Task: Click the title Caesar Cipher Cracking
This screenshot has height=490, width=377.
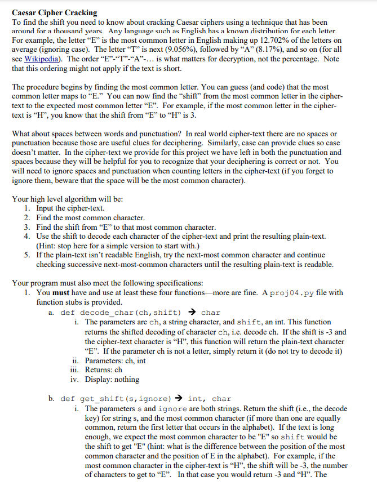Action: click(x=54, y=12)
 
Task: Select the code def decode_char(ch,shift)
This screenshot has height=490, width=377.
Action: click(x=121, y=312)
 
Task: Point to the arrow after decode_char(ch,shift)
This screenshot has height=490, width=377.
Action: click(x=192, y=312)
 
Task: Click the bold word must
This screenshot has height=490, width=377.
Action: click(x=63, y=292)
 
